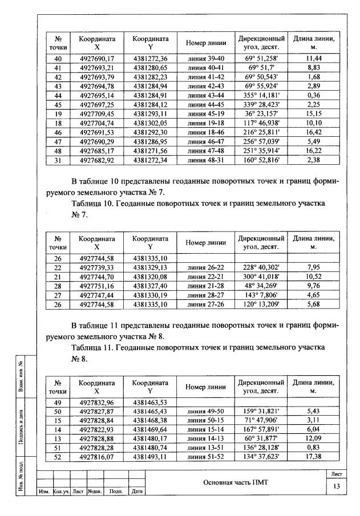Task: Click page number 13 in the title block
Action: click(x=335, y=486)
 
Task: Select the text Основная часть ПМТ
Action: click(x=235, y=482)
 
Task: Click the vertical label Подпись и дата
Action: click(x=21, y=426)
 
